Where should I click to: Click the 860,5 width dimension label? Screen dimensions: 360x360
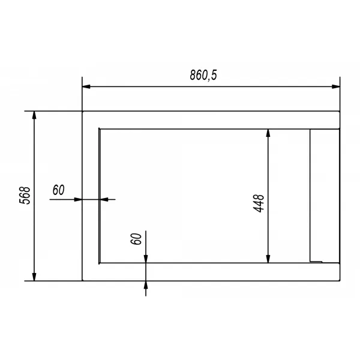(x=203, y=75)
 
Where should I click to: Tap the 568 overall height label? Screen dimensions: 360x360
(x=25, y=196)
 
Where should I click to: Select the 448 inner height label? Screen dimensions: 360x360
(x=259, y=203)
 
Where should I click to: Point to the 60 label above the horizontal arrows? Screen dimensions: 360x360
(x=59, y=190)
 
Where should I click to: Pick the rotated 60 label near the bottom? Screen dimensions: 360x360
(x=136, y=239)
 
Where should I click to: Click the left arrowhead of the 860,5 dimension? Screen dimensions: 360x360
(x=86, y=86)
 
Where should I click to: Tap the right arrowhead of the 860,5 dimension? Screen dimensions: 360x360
(x=336, y=86)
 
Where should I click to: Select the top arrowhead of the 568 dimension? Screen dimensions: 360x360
(x=34, y=115)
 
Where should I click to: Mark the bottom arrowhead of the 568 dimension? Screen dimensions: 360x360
(x=34, y=277)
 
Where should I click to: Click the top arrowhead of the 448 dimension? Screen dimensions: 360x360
(x=268, y=133)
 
